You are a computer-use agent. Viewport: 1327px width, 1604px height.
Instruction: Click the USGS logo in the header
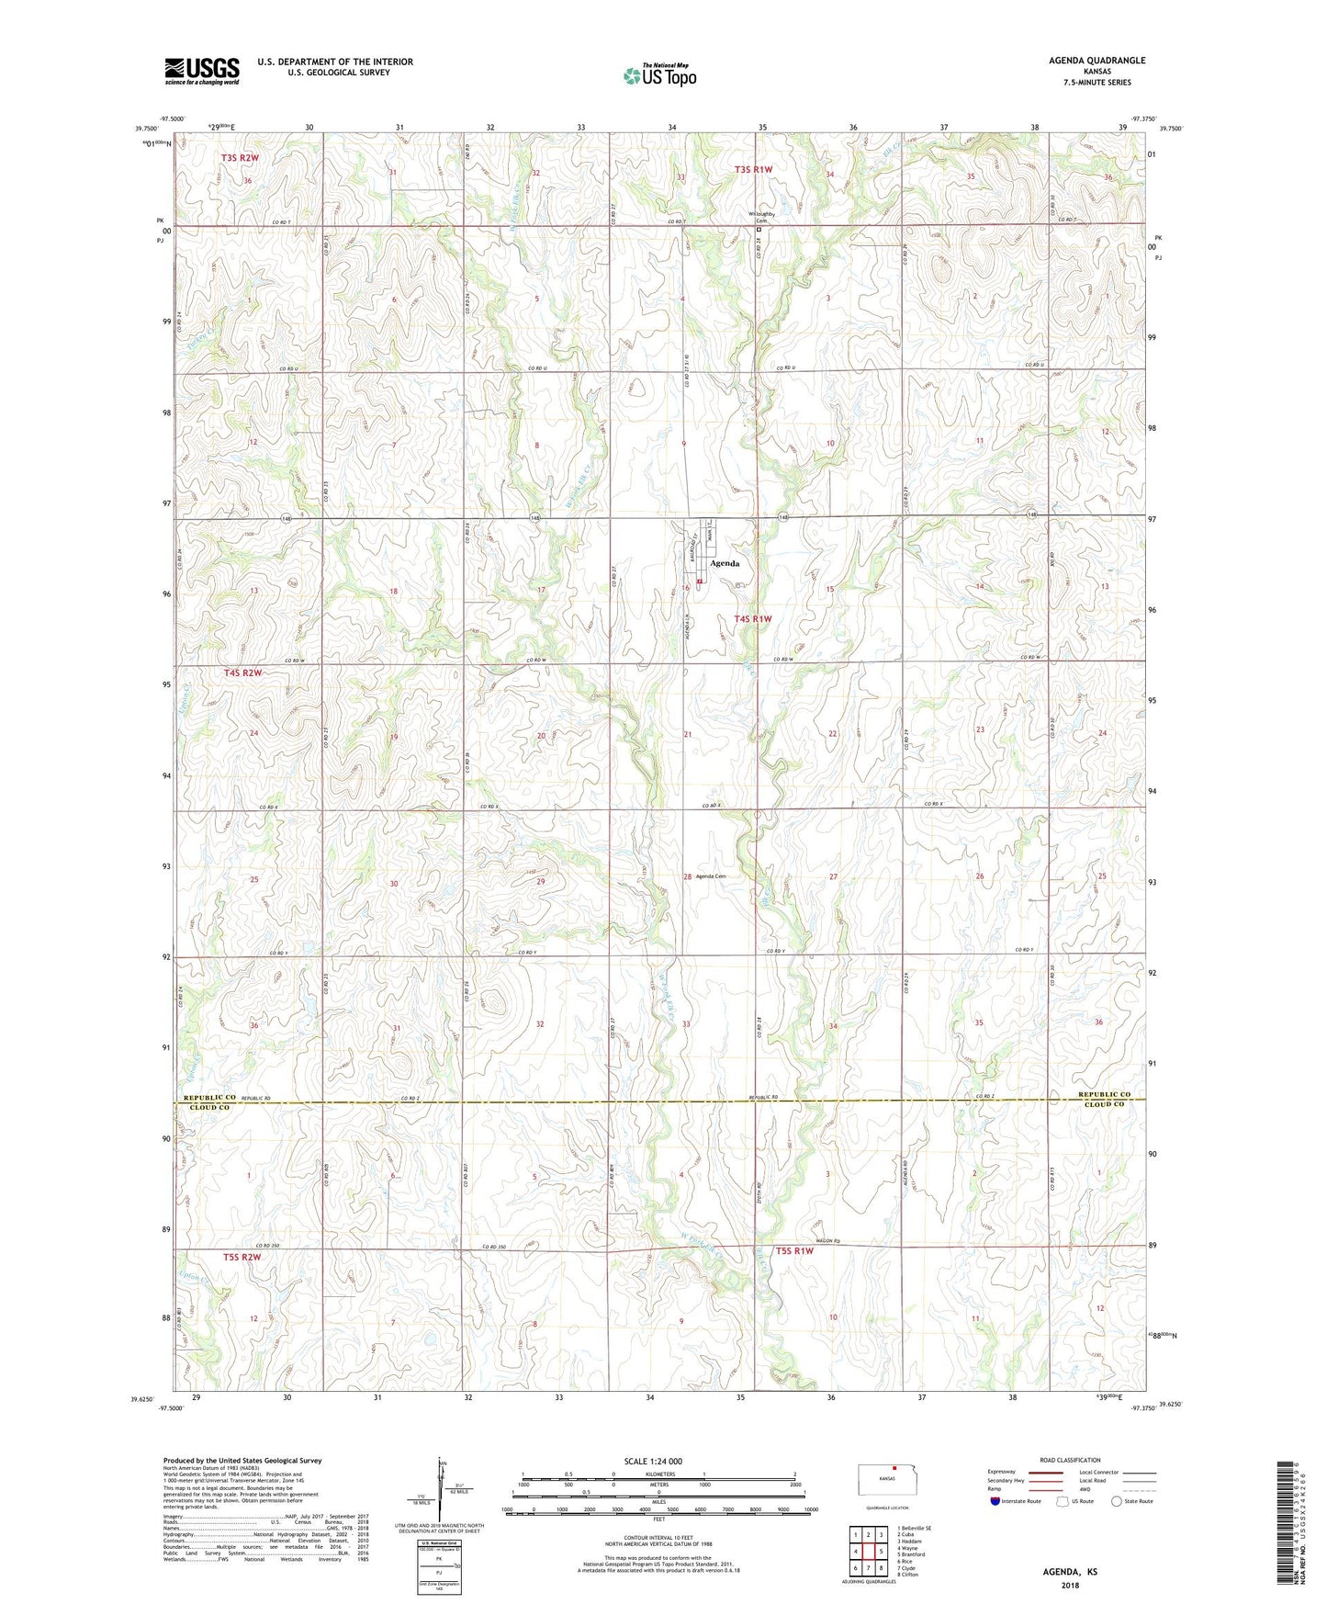tap(202, 71)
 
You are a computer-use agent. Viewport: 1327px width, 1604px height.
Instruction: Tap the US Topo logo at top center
tap(659, 75)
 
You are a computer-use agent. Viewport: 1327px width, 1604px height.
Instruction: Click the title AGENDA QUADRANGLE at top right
tap(1096, 61)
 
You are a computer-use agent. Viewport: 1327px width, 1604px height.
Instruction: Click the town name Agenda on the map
tap(724, 563)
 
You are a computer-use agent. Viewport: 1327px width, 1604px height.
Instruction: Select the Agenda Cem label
tap(711, 875)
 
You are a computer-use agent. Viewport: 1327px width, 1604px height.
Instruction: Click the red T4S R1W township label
tap(752, 619)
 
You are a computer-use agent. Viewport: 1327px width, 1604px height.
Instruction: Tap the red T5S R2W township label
tap(242, 1257)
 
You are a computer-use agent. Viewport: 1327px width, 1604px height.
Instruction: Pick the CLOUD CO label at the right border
tap(1104, 1104)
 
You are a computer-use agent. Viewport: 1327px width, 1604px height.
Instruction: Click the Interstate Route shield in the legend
tap(995, 1501)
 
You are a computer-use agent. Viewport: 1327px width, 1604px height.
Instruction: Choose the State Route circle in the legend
tap(1117, 1501)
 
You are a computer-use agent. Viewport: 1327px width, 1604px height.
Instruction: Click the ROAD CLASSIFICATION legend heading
tap(1070, 1460)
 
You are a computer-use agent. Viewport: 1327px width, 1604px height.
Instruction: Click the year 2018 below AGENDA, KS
tap(1069, 1585)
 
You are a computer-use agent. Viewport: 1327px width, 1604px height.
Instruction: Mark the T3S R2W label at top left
tap(240, 158)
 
